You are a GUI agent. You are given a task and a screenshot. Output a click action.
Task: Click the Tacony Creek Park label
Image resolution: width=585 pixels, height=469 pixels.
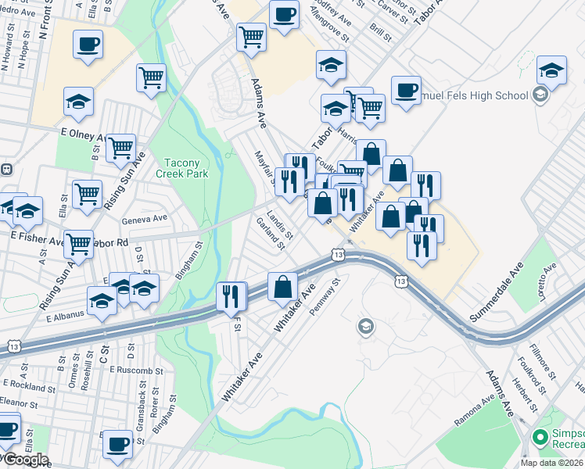[x=186, y=168]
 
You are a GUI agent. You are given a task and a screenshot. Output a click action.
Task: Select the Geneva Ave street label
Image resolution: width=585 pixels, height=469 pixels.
[x=145, y=219]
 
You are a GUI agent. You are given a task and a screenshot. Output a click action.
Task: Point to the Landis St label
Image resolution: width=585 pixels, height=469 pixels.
[x=279, y=224]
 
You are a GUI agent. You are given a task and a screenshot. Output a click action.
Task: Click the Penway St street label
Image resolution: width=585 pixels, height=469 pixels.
[x=328, y=295]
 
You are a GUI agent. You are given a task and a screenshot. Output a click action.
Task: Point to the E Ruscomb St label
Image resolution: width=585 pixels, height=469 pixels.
[x=136, y=369]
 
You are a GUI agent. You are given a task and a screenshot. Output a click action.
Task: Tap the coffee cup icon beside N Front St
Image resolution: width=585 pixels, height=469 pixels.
[x=88, y=44]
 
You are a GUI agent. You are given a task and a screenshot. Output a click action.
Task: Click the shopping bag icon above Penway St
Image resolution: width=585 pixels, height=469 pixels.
[x=282, y=286]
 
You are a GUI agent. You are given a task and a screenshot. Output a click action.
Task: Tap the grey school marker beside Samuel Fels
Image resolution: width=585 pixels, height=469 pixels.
[x=538, y=95]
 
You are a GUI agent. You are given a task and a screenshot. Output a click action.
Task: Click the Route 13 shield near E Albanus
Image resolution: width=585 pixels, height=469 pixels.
[x=14, y=344]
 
